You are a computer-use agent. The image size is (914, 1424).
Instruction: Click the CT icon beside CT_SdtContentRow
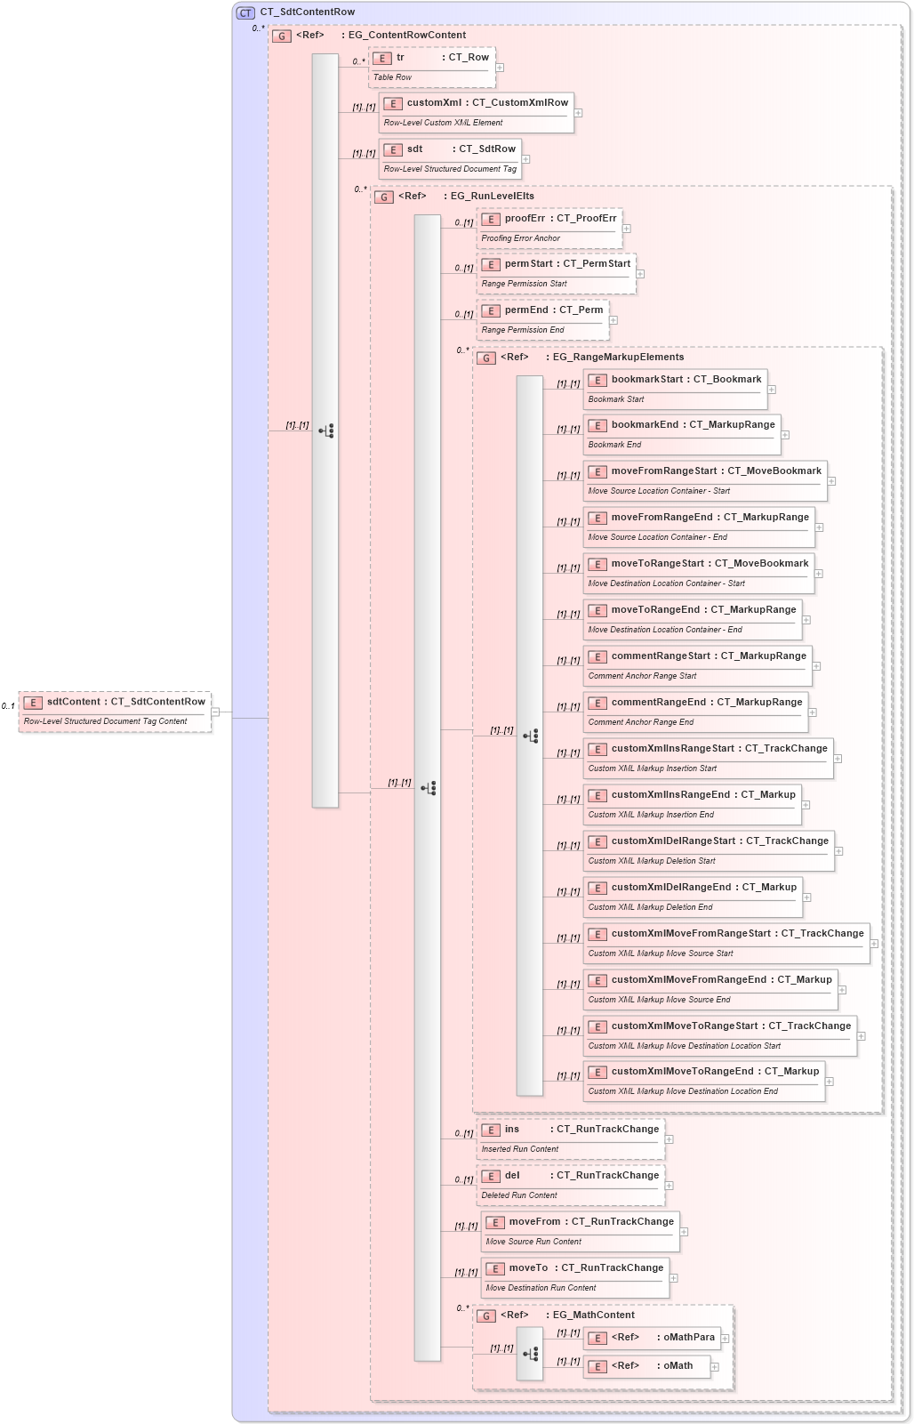(245, 12)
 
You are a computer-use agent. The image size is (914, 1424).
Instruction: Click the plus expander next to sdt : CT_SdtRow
(525, 159)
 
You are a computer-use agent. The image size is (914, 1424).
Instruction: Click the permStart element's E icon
(491, 265)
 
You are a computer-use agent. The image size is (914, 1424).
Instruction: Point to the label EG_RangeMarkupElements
(618, 358)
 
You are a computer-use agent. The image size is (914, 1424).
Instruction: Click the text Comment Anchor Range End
(641, 722)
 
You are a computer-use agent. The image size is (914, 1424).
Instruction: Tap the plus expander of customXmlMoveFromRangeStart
(874, 944)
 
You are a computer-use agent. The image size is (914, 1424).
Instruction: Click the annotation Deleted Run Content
(519, 1195)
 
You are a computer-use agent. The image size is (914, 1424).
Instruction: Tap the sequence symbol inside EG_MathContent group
(530, 1354)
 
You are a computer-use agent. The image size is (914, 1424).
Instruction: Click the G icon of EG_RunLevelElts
(384, 197)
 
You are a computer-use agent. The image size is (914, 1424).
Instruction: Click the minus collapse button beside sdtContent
(215, 712)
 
